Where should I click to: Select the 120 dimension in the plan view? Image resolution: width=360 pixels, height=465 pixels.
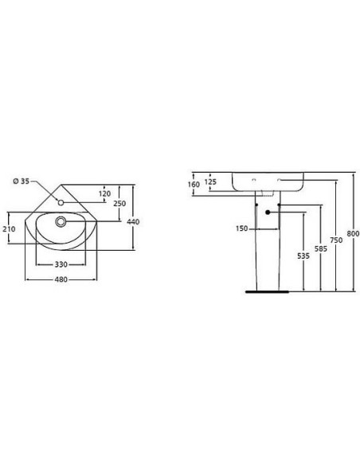point(104,193)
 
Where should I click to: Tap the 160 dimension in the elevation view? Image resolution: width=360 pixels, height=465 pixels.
point(194,185)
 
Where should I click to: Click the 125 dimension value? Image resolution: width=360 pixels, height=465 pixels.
point(212,182)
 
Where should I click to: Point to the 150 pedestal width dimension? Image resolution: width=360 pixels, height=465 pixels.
point(241,229)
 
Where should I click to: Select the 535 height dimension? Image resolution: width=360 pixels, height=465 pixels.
point(303,256)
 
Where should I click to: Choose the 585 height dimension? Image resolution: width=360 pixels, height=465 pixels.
point(319,248)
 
